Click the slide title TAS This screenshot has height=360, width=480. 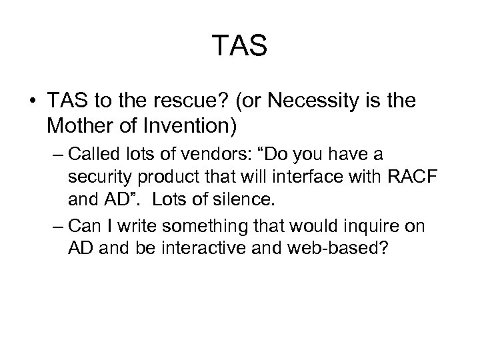point(240,46)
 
